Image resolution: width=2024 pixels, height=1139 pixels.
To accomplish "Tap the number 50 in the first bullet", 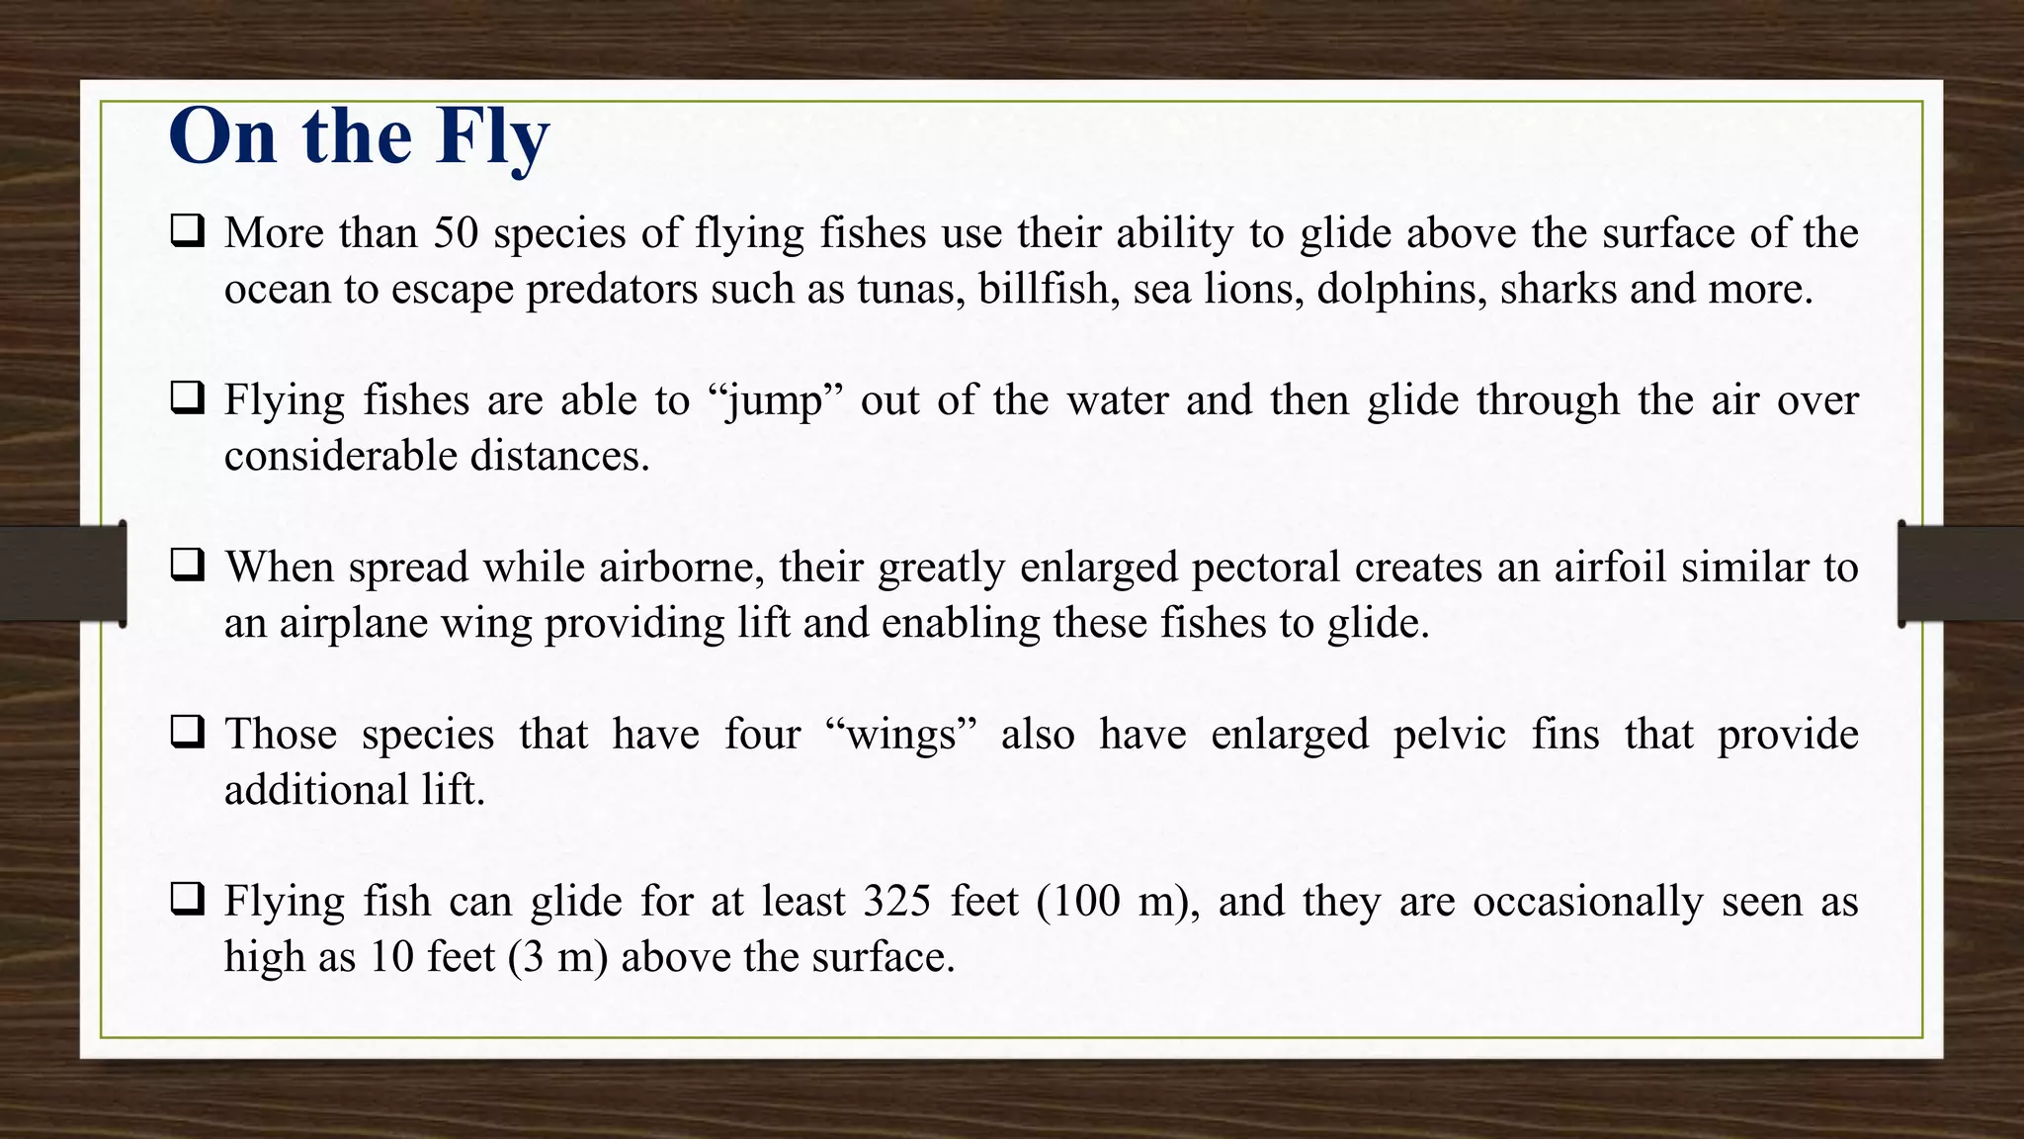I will tap(457, 233).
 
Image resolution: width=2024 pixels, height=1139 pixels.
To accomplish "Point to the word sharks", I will tap(1559, 289).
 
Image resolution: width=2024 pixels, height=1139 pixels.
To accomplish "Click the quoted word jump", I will tap(774, 400).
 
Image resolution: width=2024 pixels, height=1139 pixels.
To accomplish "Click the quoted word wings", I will tap(901, 735).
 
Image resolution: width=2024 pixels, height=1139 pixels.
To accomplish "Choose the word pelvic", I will tap(1450, 735).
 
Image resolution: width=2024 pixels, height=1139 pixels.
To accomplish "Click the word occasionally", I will tap(1588, 902).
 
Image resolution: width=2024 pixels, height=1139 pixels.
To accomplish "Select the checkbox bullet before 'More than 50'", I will tap(187, 231).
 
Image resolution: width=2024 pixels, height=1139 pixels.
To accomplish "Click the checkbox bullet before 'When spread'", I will tap(187, 566).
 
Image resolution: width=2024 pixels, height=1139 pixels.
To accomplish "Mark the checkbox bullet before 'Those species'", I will tap(187, 733).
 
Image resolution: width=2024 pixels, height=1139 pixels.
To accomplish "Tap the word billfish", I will tap(1044, 289).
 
